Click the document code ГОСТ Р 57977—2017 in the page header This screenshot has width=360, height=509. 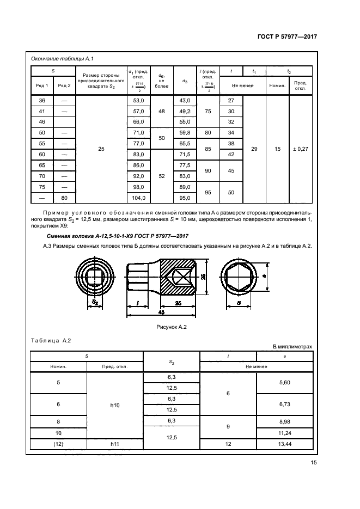click(287, 36)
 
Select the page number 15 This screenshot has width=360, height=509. click(313, 462)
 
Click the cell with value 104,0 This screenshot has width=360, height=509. click(139, 198)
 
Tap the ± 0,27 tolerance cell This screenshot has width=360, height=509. click(300, 149)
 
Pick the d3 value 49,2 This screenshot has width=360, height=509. click(185, 112)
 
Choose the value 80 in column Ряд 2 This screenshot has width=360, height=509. click(64, 198)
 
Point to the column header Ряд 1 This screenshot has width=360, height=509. click(42, 85)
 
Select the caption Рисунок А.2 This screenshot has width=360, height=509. click(172, 327)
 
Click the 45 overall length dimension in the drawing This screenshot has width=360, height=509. click(161, 312)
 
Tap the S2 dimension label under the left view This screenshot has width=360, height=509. click(95, 302)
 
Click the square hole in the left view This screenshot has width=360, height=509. click(94, 277)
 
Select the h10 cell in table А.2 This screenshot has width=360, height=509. click(114, 405)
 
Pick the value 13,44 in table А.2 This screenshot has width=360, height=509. click(285, 444)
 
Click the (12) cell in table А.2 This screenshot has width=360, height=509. click(58, 444)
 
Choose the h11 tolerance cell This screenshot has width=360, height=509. click(114, 444)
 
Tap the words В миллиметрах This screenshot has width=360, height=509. click(292, 347)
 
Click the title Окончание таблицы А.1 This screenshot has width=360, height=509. click(62, 59)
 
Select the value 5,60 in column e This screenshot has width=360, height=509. click(285, 382)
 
